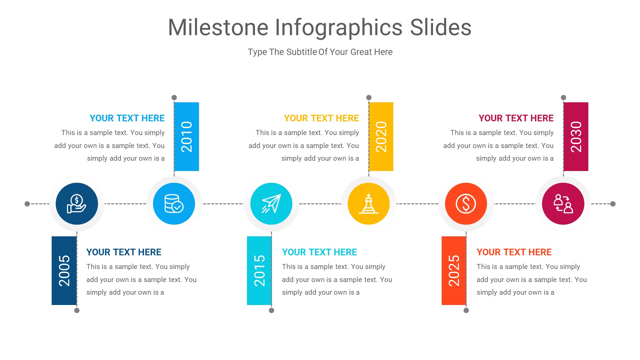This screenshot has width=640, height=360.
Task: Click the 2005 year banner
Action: tap(64, 270)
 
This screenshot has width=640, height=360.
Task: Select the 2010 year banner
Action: tap(186, 136)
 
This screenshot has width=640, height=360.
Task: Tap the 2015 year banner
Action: tap(259, 270)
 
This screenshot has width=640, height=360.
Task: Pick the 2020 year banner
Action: tap(381, 136)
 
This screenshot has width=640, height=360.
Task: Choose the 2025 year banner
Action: tap(454, 270)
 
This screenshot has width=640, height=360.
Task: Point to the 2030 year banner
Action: tap(576, 136)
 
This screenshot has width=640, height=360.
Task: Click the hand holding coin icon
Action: tap(77, 204)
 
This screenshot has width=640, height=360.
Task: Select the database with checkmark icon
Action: tap(174, 204)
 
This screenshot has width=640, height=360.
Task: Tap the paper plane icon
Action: tap(271, 204)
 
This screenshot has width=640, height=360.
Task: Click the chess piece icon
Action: tap(369, 204)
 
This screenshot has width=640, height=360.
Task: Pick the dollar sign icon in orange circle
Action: tap(466, 204)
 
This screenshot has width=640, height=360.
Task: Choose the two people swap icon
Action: tap(563, 204)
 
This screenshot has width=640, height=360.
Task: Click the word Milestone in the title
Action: tap(218, 27)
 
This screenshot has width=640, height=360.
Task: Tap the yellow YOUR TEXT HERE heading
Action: tap(321, 118)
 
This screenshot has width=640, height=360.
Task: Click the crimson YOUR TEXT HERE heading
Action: tap(516, 118)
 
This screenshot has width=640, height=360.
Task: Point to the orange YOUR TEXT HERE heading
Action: tap(514, 252)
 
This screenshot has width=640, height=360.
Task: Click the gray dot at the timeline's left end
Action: tap(27, 204)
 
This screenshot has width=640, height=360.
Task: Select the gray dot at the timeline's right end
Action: tap(613, 204)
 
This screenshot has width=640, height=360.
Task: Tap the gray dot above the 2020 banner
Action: tap(369, 97)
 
